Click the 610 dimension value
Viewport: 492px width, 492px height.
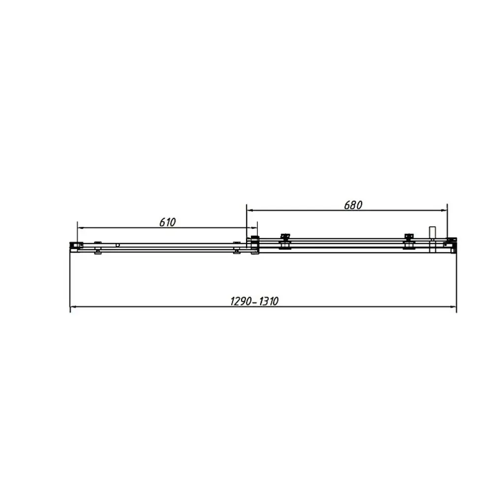click(167, 222)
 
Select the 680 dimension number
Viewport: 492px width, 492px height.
click(353, 205)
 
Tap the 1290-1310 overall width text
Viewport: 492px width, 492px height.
click(254, 301)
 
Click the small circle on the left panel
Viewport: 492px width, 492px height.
click(118, 245)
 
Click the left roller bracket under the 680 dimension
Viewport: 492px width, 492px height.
click(284, 241)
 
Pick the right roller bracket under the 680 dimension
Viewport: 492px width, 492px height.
click(408, 241)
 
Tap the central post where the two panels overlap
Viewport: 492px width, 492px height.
click(254, 245)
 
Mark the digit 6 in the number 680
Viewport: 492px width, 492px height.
click(347, 205)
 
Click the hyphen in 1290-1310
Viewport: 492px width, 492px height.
click(254, 302)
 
